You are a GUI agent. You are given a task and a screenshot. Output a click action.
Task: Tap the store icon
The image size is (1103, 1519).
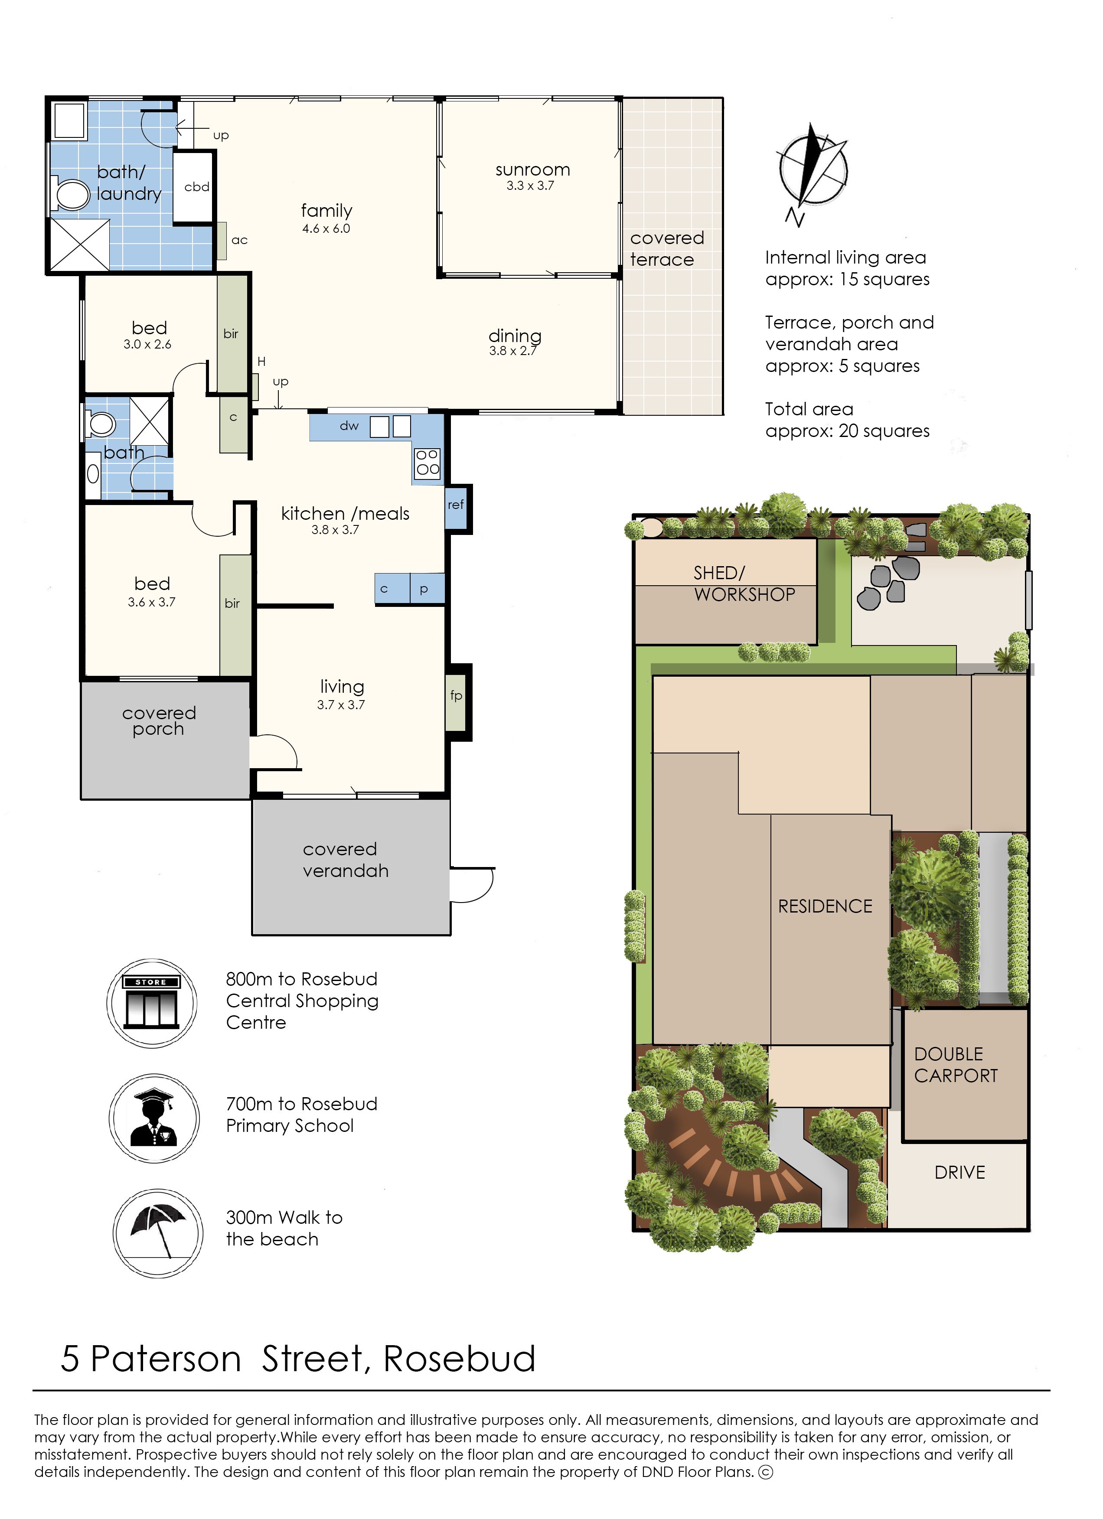(152, 1003)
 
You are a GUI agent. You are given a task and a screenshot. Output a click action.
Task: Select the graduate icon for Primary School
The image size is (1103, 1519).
(154, 1118)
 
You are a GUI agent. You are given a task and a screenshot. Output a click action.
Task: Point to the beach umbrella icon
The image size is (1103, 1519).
(157, 1233)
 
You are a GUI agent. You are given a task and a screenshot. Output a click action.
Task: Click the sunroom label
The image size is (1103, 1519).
(532, 170)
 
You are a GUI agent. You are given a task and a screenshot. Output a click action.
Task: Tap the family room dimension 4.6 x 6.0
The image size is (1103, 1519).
(326, 228)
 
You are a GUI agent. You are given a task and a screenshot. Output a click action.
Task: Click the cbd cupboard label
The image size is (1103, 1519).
(197, 187)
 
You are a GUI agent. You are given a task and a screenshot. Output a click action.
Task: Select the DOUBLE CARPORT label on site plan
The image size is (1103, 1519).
(956, 1065)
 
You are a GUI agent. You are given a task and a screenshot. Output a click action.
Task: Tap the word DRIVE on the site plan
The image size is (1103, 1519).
(959, 1173)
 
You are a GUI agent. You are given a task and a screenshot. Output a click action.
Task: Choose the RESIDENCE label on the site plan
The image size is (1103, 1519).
(825, 906)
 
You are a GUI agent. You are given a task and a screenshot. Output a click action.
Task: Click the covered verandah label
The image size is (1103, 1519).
(346, 860)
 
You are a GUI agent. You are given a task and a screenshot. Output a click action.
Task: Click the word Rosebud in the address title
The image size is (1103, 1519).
(460, 1359)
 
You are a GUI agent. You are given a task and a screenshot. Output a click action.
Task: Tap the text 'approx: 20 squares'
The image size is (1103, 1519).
(848, 431)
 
